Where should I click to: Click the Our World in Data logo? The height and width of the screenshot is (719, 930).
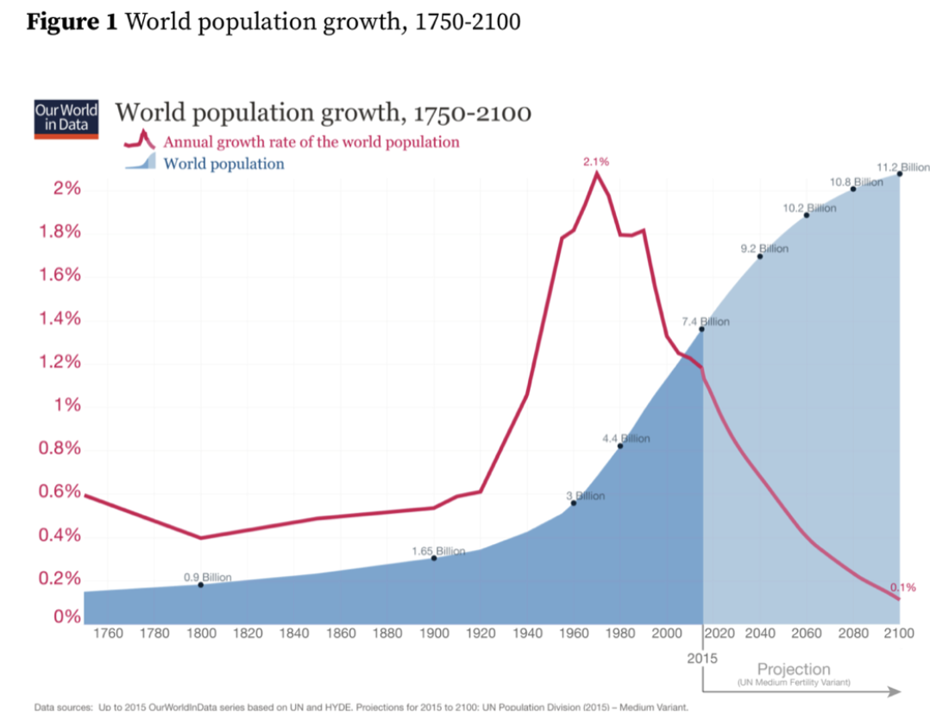66,120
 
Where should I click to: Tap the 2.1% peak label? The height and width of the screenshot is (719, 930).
596,162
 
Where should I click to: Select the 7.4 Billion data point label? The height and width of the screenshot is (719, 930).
707,322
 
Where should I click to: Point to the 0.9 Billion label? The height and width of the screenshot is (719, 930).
207,578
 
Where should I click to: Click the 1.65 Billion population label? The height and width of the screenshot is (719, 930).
438,551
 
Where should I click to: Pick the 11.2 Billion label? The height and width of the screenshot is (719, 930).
902,166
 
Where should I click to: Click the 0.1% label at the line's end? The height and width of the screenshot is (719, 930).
902,587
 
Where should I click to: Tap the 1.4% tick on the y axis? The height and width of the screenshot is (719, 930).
57,319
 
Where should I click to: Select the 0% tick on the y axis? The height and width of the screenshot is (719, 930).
67,617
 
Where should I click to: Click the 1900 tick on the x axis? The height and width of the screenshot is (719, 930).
434,634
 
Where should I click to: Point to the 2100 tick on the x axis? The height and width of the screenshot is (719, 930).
899,634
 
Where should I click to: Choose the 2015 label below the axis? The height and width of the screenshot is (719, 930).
703,658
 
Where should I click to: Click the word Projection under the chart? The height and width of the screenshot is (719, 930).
794,669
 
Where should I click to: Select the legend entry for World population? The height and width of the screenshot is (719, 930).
223,164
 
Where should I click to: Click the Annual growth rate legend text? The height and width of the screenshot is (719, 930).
311,142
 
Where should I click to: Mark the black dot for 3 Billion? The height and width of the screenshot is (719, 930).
573,503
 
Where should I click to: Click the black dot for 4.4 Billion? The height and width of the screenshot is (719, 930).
620,445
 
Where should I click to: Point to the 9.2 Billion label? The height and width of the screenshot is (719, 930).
764,249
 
